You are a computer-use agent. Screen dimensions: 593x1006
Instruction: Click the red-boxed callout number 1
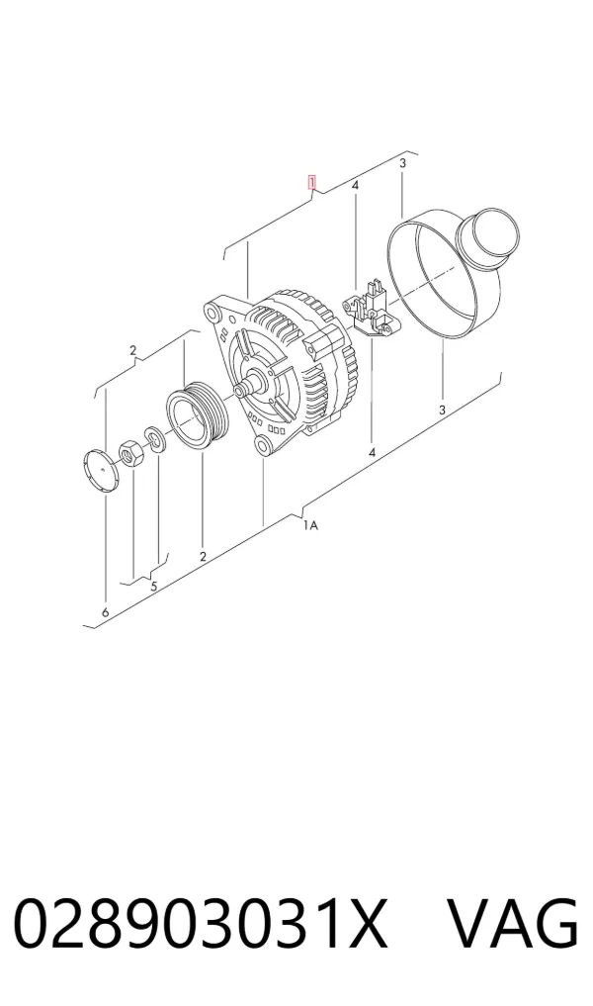click(312, 182)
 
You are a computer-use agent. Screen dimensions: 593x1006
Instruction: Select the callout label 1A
click(310, 525)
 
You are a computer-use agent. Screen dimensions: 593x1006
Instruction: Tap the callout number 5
click(154, 586)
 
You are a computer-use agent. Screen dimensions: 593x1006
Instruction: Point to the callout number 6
click(105, 612)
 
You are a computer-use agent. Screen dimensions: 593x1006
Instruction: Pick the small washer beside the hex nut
click(154, 438)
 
